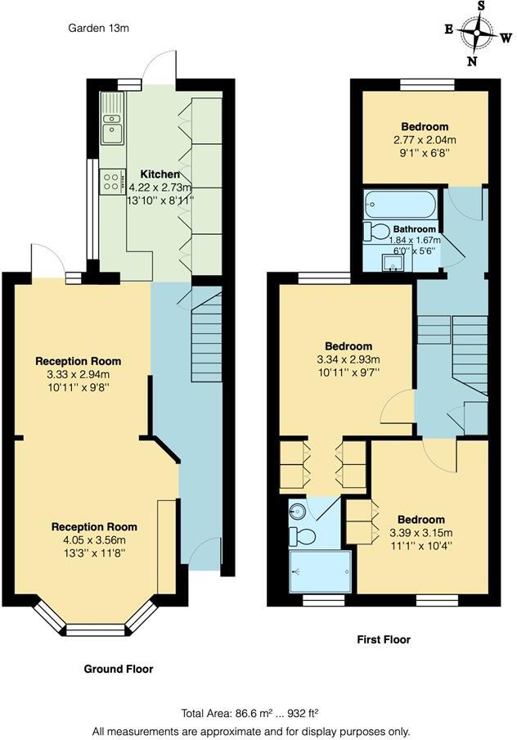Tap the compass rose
click(474, 34)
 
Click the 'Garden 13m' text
click(99, 28)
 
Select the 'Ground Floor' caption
click(119, 669)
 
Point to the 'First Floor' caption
click(384, 639)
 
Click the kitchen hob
click(110, 182)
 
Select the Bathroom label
click(414, 228)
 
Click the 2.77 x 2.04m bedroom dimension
click(425, 140)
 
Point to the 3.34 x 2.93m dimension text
click(348, 359)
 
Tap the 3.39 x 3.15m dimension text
click(421, 533)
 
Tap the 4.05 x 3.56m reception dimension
click(94, 539)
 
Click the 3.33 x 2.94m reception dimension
click(78, 374)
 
